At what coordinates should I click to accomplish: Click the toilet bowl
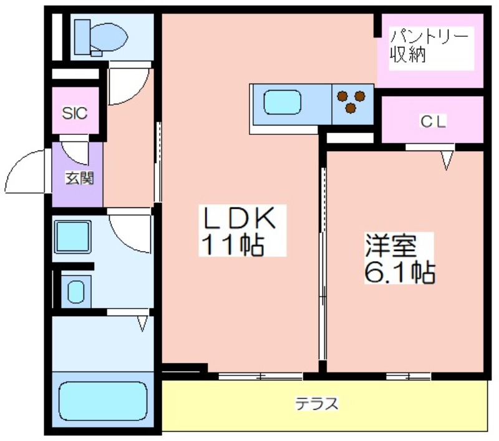coord(109,37)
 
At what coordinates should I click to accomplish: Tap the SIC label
coord(75,113)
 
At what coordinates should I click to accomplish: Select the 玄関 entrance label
coord(80,178)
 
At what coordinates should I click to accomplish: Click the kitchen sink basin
coord(283,102)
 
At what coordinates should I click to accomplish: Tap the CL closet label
coord(433,121)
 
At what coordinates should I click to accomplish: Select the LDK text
coord(240,218)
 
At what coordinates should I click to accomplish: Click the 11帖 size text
coord(233,245)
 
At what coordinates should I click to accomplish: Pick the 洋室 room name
coord(391,245)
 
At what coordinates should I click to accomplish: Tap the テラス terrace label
coord(317,404)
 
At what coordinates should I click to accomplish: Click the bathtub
coord(103,401)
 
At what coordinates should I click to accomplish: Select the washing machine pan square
coord(72,237)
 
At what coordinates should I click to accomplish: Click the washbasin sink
coord(76,292)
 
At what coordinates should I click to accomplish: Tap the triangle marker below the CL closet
coord(446,161)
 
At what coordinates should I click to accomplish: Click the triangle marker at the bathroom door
coord(143,323)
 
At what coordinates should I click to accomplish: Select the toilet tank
coord(82,37)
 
